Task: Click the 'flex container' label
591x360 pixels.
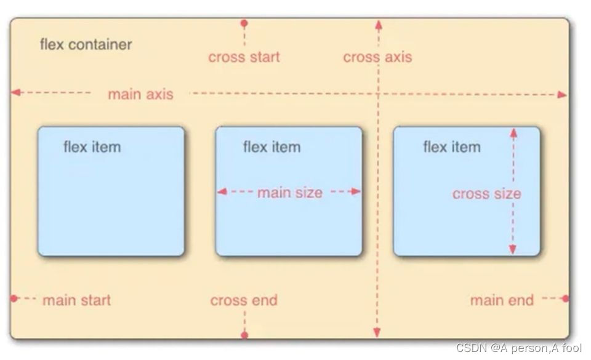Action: click(x=86, y=45)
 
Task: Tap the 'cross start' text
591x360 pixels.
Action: click(x=244, y=57)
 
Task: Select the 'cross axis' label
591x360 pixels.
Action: click(x=377, y=57)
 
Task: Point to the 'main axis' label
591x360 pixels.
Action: click(x=140, y=94)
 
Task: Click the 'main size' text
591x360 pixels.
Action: click(x=289, y=193)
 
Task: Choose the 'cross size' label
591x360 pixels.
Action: click(x=486, y=194)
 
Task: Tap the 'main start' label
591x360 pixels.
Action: click(x=76, y=300)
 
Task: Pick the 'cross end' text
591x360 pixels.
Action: click(x=244, y=300)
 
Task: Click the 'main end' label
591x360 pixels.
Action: click(x=502, y=300)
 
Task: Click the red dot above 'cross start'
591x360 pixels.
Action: click(x=244, y=23)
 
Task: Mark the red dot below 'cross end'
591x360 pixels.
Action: click(x=244, y=335)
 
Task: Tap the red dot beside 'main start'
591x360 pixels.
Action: click(x=14, y=298)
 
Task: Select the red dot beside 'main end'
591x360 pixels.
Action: click(x=565, y=298)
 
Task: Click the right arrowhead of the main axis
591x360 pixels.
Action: click(x=562, y=95)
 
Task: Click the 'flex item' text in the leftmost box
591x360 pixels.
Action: click(x=92, y=147)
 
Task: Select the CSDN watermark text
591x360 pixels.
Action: click(x=518, y=348)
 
